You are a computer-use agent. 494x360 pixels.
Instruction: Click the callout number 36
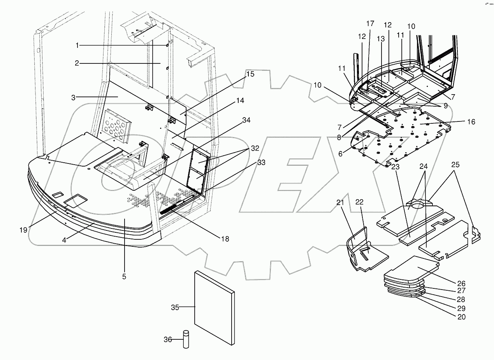[x=167, y=339]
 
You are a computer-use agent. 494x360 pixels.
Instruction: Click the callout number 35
[x=175, y=307]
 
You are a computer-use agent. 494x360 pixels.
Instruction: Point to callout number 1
[x=77, y=46]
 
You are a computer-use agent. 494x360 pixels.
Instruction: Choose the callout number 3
[x=73, y=97]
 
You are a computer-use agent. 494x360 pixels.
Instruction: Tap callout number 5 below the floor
[x=124, y=277]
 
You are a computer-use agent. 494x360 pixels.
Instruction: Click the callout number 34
[x=246, y=120]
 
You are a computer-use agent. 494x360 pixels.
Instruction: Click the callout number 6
[x=340, y=154]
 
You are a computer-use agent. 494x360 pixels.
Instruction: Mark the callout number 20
[x=461, y=317]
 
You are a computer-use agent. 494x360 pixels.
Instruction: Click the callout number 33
[x=261, y=162]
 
